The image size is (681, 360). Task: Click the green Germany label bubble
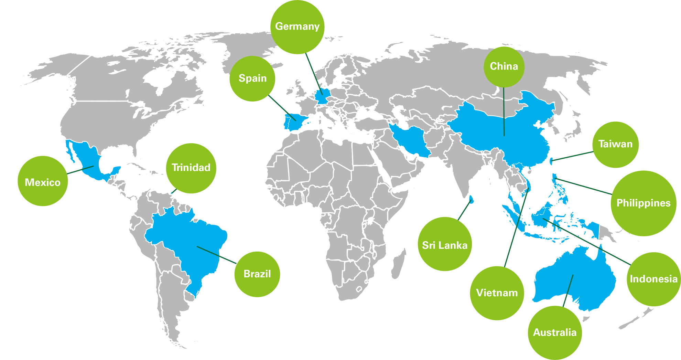298,27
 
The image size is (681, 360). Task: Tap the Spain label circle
252,79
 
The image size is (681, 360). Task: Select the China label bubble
504,66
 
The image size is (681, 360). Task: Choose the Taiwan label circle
615,144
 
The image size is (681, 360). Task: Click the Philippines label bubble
643,203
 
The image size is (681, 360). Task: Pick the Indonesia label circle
653,279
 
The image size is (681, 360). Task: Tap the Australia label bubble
555,332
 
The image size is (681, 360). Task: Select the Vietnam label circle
497,293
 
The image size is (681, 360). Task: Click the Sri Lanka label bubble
445,245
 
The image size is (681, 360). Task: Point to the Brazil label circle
257,274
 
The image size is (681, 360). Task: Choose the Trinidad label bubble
191,168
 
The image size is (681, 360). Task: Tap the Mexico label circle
43,182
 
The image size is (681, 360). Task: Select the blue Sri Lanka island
472,200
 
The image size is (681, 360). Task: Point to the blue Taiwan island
552,160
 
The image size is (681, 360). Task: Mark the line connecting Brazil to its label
217,255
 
